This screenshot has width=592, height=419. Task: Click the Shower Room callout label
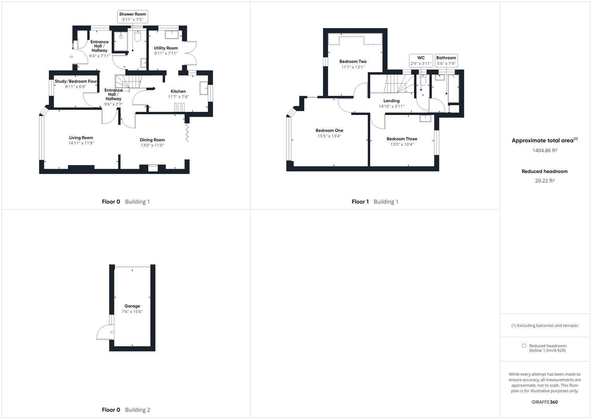[x=133, y=14]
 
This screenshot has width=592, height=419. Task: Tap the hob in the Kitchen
[x=180, y=107]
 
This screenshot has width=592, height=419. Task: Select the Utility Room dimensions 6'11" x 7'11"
[x=166, y=54]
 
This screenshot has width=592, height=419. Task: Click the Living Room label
[x=81, y=138]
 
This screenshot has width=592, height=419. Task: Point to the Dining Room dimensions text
[x=152, y=145]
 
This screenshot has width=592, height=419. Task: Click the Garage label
[x=132, y=306]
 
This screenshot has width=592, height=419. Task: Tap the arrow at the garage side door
[x=112, y=332]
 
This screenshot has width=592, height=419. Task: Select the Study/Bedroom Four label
[x=76, y=81]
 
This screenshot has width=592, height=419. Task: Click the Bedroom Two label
[x=353, y=61]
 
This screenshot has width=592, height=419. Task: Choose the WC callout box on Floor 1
[x=421, y=61]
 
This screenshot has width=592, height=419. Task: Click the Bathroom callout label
[x=446, y=58]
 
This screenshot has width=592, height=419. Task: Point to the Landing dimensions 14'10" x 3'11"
[x=391, y=106]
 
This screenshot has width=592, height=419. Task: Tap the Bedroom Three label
[x=402, y=139]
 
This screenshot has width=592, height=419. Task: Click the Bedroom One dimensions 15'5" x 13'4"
[x=329, y=136]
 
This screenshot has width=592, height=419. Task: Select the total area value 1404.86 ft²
[x=545, y=151]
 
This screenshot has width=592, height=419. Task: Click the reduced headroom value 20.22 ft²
[x=545, y=181]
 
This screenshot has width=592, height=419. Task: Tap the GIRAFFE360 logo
[x=544, y=402]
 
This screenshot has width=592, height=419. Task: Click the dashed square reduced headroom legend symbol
[x=524, y=346]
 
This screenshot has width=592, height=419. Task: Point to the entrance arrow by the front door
[x=71, y=57]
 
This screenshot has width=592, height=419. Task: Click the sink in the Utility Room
[x=172, y=35]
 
